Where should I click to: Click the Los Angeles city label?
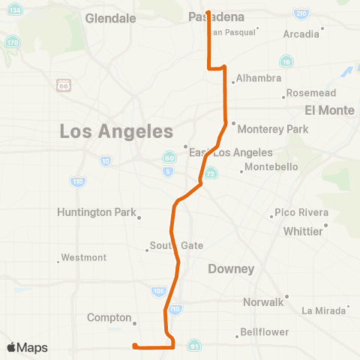[116, 132]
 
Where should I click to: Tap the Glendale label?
[110, 17]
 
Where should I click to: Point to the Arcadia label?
[301, 34]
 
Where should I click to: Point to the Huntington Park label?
[96, 212]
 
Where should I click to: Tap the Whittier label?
[303, 231]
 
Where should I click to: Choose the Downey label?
[232, 268]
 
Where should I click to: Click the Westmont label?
[83, 257]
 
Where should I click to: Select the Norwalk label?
[263, 302]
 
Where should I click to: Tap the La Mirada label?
[323, 310]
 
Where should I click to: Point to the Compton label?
[109, 317]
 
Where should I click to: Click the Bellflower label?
[265, 331]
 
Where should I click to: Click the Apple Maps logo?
[27, 347]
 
